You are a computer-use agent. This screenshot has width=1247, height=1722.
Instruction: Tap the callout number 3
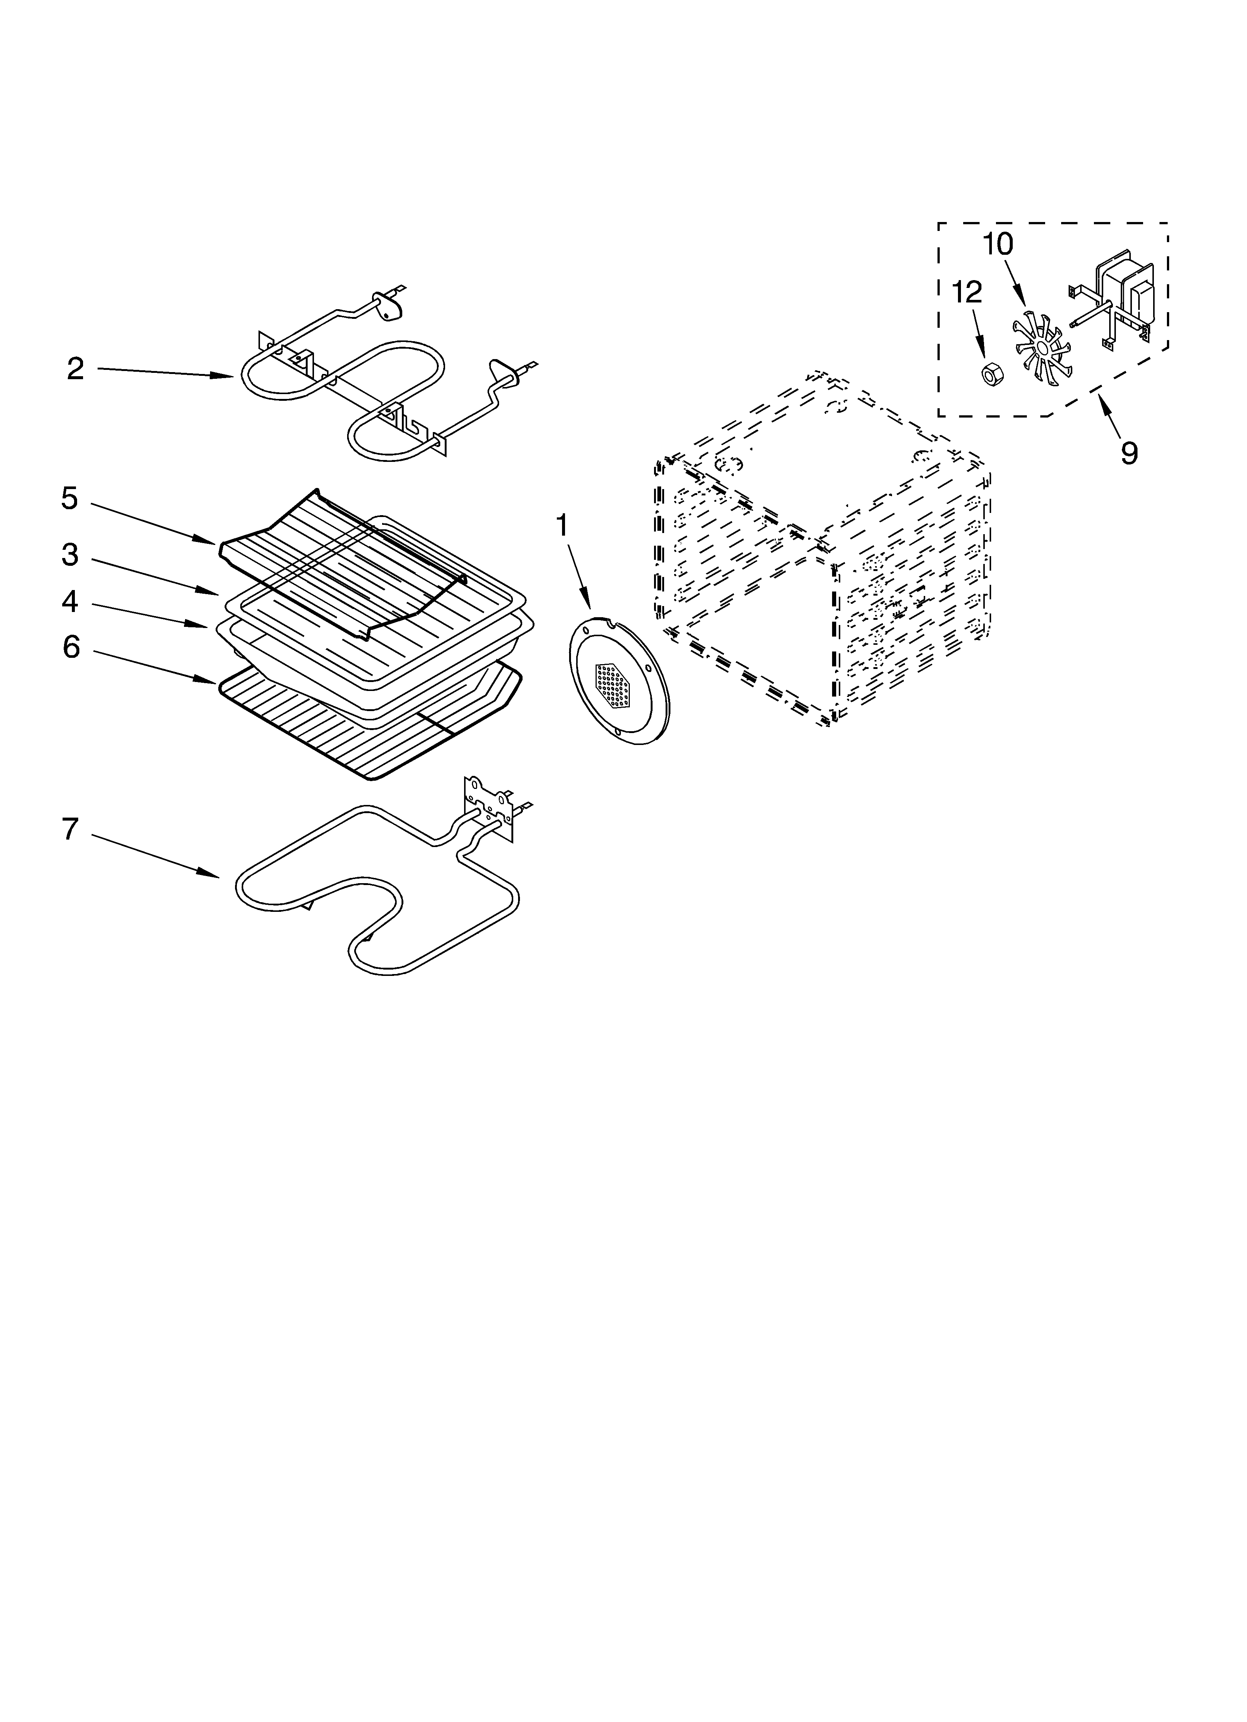point(70,555)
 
